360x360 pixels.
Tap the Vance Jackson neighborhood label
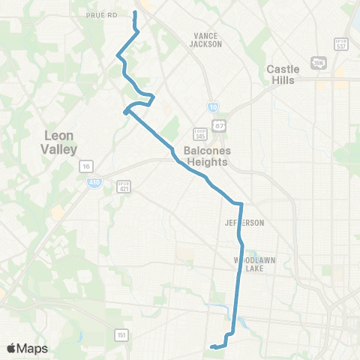208,40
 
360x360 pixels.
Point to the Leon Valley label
61,142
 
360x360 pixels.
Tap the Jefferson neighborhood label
244,223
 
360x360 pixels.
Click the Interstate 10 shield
213,108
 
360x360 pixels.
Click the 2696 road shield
319,61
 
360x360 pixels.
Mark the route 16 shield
87,166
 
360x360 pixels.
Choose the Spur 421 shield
124,185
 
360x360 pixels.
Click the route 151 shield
121,334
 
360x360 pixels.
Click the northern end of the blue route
135,13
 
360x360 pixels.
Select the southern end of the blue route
212,346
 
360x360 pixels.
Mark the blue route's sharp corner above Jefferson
241,203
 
